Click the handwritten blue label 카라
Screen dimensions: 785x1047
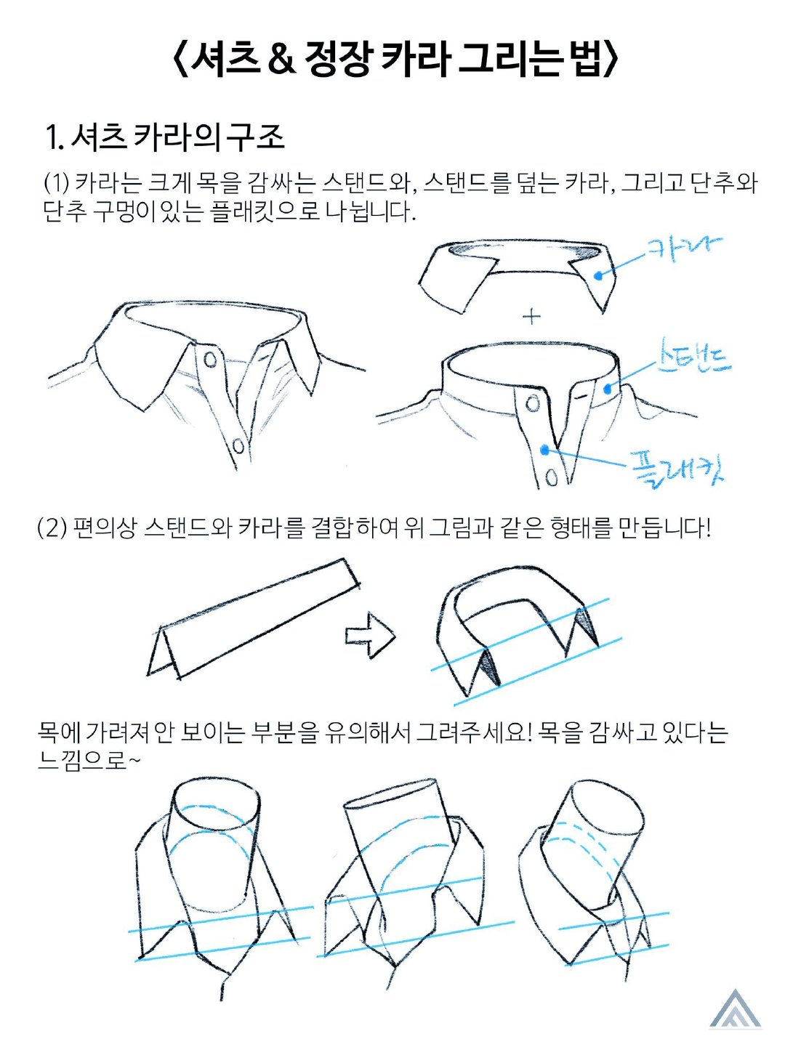point(683,249)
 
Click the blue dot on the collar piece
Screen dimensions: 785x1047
point(598,275)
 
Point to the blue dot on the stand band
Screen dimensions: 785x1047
point(608,389)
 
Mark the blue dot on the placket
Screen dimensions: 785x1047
point(544,449)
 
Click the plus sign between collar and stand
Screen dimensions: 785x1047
point(531,316)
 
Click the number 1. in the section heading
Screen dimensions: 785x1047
point(55,138)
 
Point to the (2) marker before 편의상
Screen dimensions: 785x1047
point(52,528)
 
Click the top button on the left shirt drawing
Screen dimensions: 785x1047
point(210,360)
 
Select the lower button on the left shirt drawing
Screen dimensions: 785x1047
point(238,446)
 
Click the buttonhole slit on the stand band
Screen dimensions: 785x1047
point(581,396)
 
